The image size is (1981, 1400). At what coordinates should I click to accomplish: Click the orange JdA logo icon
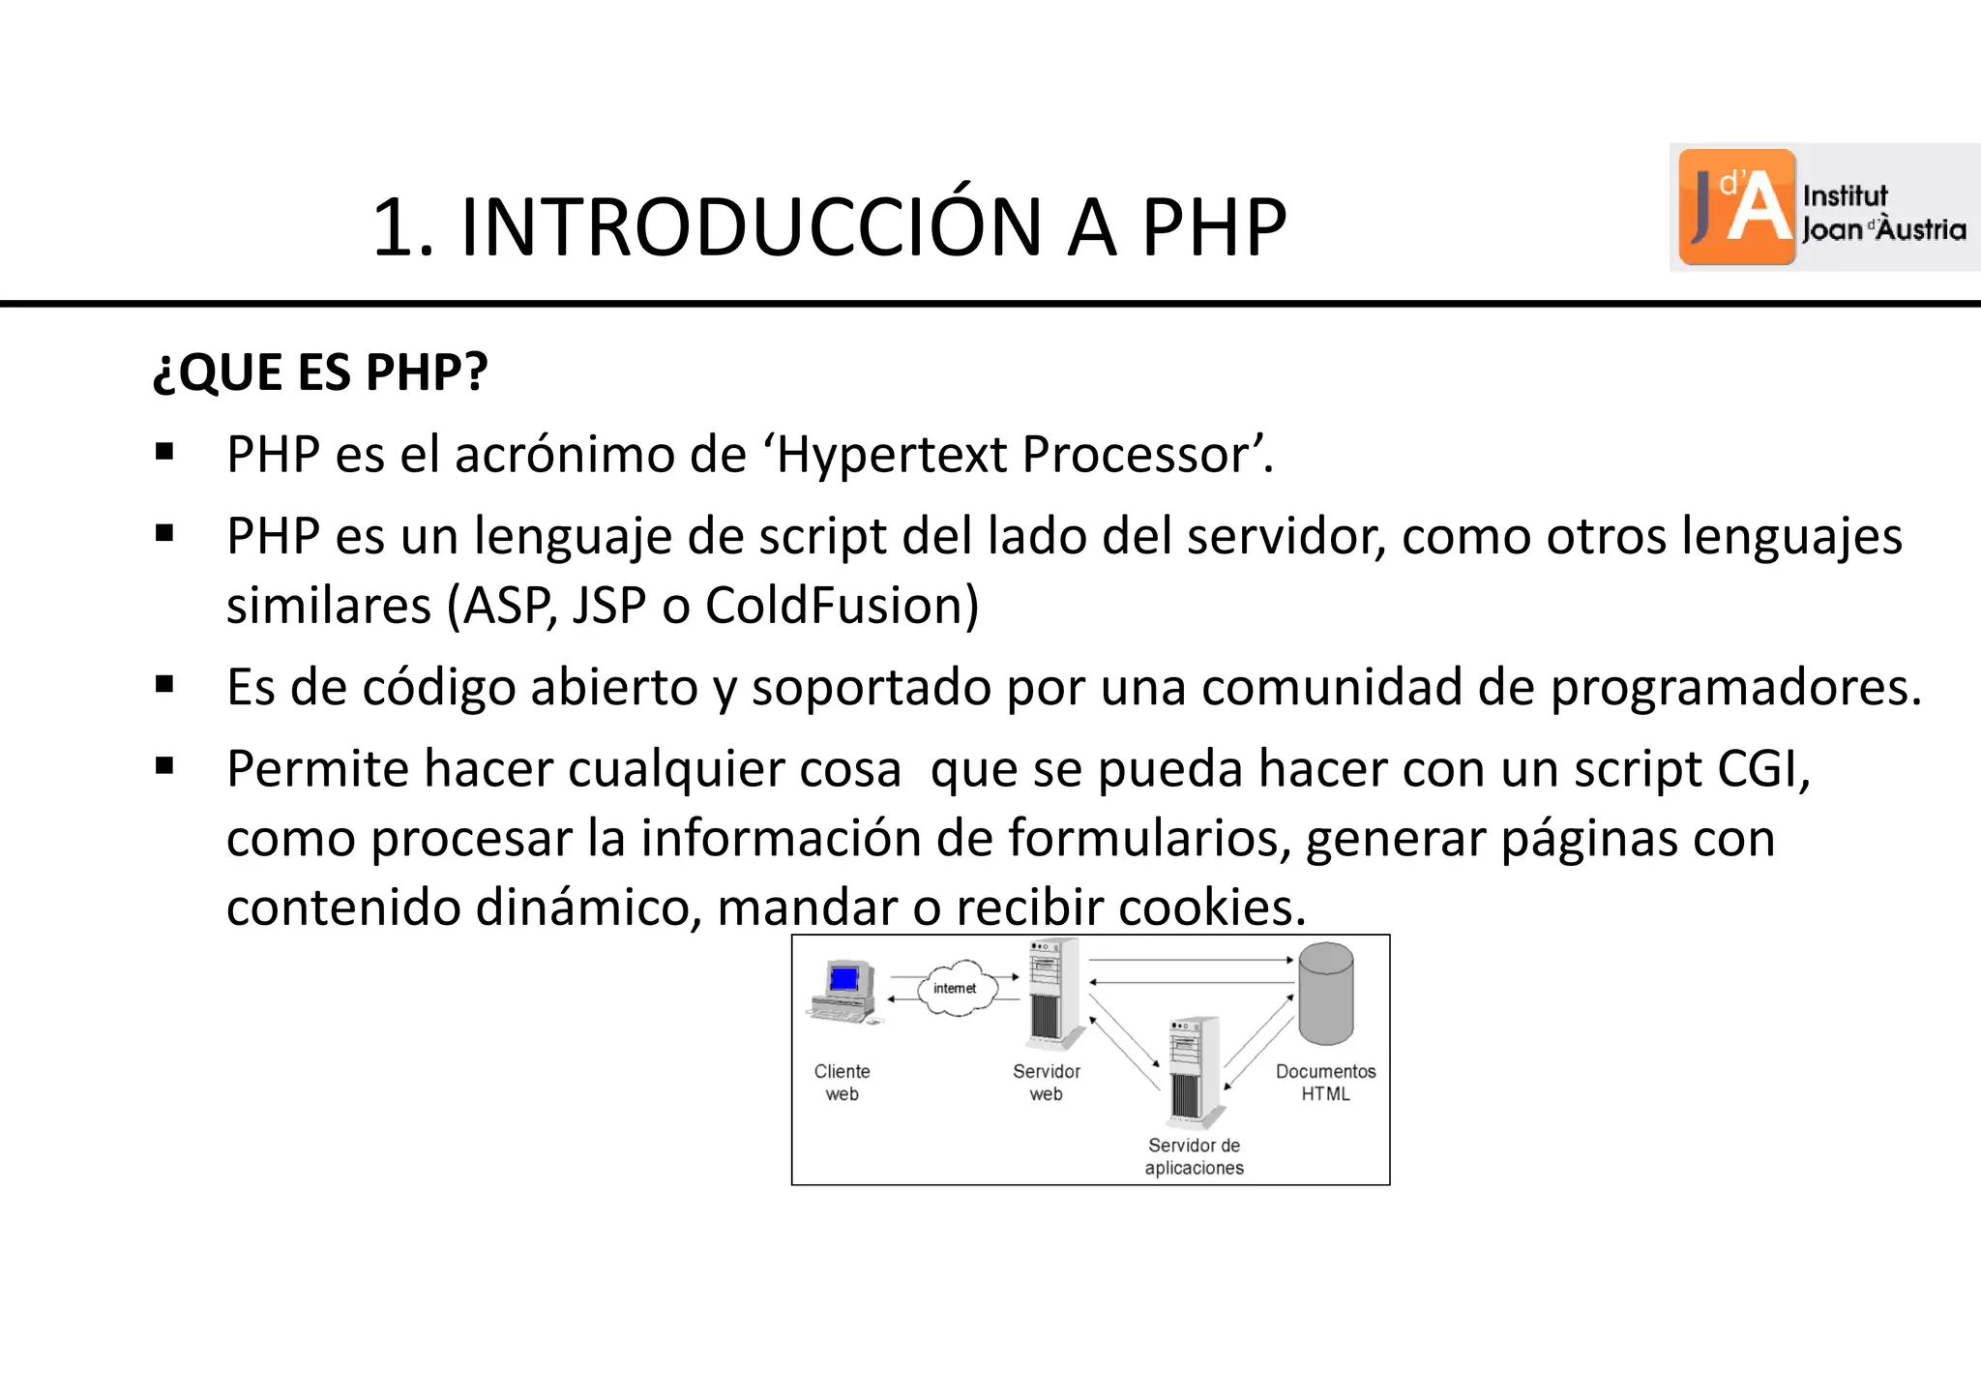pos(1737,206)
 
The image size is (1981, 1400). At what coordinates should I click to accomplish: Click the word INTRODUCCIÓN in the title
pos(751,228)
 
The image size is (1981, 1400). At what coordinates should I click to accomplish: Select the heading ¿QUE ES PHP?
pos(320,372)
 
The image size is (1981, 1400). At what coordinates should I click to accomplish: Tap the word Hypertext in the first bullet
pos(891,455)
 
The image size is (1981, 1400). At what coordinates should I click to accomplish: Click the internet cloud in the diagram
pos(956,988)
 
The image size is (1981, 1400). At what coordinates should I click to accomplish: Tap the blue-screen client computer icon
pos(843,991)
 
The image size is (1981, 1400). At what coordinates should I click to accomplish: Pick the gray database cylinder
pos(1325,994)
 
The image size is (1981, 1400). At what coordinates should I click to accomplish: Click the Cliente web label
pos(842,1083)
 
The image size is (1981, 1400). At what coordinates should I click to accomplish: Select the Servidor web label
pos(1046,1083)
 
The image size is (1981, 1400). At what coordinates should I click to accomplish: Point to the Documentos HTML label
pos(1325,1083)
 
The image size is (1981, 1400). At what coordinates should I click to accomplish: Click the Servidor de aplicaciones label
pos(1194,1156)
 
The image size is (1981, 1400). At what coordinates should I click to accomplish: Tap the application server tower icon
pos(1192,1072)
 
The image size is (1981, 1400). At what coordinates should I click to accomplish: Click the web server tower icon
pos(1052,994)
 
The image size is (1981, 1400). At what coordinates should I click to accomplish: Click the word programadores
pos(1735,688)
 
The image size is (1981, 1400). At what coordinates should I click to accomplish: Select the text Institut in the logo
pos(1845,195)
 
